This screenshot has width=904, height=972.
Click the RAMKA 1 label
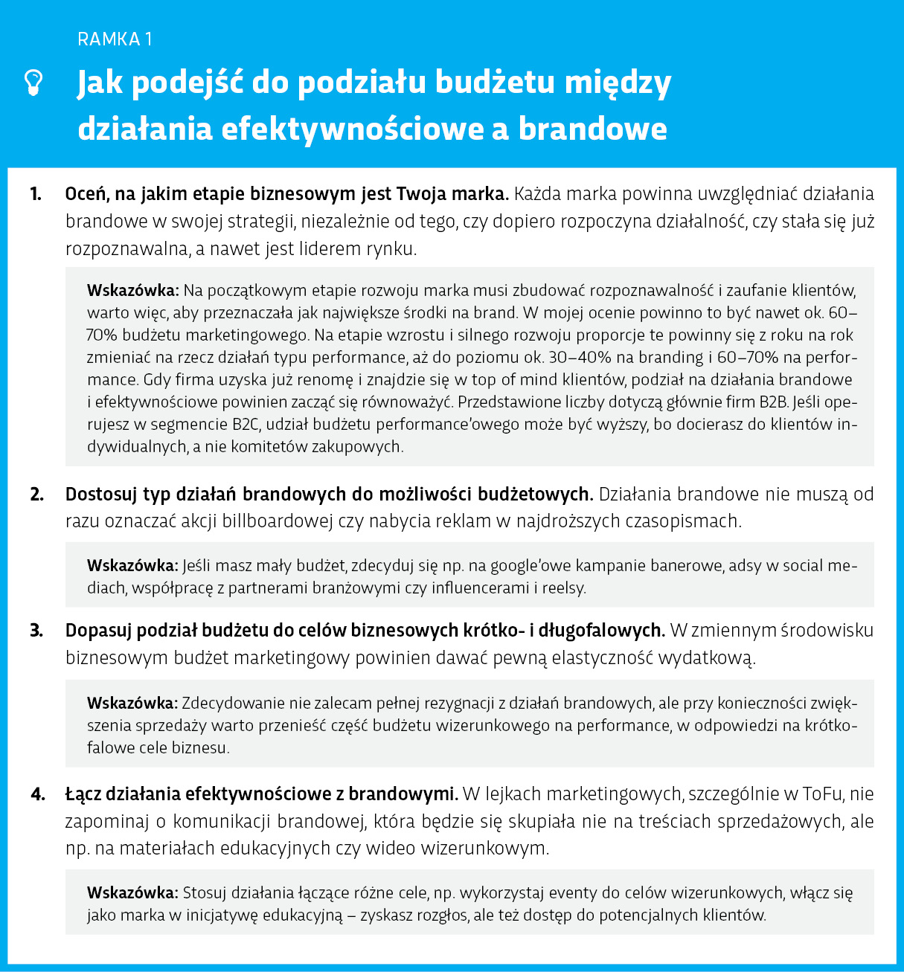pyautogui.click(x=115, y=39)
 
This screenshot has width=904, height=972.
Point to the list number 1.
pyautogui.click(x=36, y=194)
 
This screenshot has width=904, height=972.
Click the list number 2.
pyautogui.click(x=36, y=495)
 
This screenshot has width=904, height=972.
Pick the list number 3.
pyautogui.click(x=36, y=631)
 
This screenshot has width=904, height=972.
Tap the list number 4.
pyautogui.click(x=37, y=794)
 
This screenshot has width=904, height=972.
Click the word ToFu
pyautogui.click(x=822, y=794)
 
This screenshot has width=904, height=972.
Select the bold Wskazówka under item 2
pyautogui.click(x=132, y=566)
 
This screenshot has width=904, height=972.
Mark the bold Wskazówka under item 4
pyautogui.click(x=132, y=893)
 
